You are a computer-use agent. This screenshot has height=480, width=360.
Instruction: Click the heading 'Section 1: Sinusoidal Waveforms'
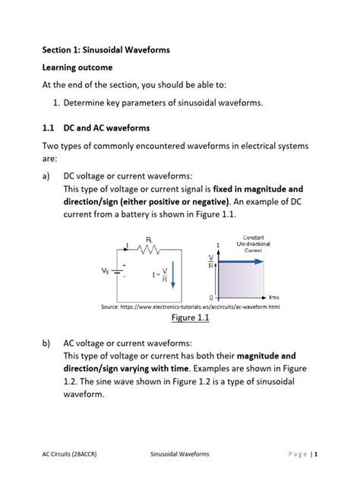click(106, 50)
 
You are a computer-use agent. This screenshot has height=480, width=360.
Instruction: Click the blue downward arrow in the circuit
click(173, 274)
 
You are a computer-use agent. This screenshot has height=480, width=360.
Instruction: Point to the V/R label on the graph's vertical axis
click(210, 261)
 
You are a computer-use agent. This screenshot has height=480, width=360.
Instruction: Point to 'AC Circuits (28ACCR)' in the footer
click(73, 453)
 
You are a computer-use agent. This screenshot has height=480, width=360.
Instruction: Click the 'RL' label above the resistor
click(150, 238)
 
